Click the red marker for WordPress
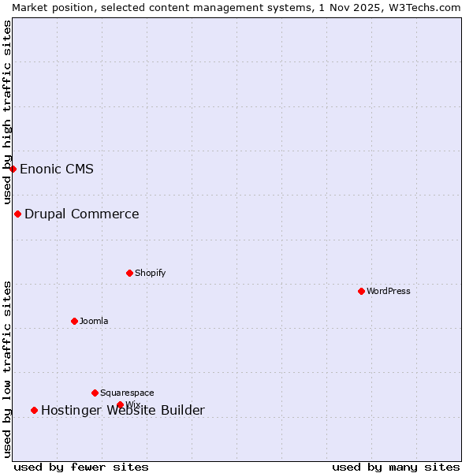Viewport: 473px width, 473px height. click(361, 291)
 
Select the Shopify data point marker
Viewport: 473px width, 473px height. click(129, 273)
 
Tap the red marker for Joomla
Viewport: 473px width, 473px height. click(74, 321)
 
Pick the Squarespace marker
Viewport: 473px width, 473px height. click(95, 393)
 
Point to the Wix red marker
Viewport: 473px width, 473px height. click(120, 404)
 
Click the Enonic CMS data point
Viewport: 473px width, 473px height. click(13, 169)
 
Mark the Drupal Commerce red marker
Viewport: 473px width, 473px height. click(17, 214)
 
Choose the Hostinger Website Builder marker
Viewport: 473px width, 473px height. click(34, 410)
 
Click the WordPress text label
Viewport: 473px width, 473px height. click(388, 291)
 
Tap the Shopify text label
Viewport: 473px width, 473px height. click(150, 273)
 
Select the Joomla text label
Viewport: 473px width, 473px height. click(94, 321)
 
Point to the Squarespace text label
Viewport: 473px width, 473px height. click(127, 393)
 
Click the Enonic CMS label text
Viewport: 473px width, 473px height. click(57, 169)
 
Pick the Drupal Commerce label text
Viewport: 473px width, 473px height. click(82, 214)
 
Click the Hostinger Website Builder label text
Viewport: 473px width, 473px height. click(123, 410)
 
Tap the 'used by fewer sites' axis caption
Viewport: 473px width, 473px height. click(81, 467)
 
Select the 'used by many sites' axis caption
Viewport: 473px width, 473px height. click(396, 467)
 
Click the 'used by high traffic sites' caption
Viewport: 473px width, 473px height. click(7, 112)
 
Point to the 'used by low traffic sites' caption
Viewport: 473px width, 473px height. click(7, 369)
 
